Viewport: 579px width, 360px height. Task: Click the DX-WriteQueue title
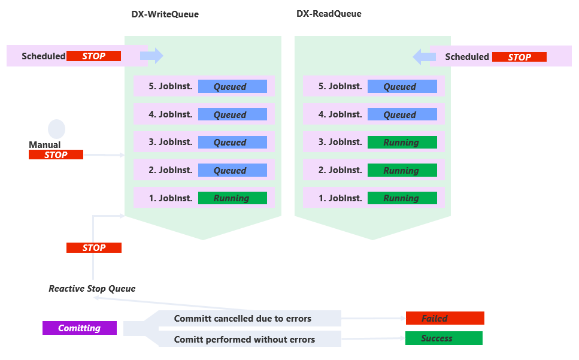pyautogui.click(x=165, y=14)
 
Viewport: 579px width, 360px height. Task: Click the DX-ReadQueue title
pyautogui.click(x=329, y=14)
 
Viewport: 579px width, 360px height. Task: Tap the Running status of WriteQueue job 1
pyautogui.click(x=232, y=198)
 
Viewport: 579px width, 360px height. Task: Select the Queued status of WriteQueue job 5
pyautogui.click(x=232, y=87)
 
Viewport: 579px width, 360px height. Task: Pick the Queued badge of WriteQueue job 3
pyautogui.click(x=232, y=143)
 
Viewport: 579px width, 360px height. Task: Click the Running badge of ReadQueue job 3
pyautogui.click(x=402, y=143)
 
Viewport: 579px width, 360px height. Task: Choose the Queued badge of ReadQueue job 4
pyautogui.click(x=402, y=114)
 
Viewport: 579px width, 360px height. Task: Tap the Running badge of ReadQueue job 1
pyautogui.click(x=402, y=198)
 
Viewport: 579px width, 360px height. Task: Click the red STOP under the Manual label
pyautogui.click(x=56, y=155)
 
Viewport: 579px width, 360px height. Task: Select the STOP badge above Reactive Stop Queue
pyautogui.click(x=94, y=247)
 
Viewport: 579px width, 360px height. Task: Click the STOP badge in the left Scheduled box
pyautogui.click(x=93, y=56)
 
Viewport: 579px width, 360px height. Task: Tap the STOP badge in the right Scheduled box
pyautogui.click(x=519, y=57)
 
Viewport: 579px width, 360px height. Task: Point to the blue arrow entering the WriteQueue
pyautogui.click(x=151, y=56)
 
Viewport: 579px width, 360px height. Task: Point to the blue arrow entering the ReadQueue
pyautogui.click(x=424, y=57)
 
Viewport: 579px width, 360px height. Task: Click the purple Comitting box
pyautogui.click(x=80, y=328)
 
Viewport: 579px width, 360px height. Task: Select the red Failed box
pyautogui.click(x=444, y=319)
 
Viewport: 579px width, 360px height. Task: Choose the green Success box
pyautogui.click(x=443, y=338)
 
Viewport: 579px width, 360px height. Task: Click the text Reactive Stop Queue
pyautogui.click(x=92, y=289)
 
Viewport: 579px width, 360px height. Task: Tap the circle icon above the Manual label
pyautogui.click(x=56, y=129)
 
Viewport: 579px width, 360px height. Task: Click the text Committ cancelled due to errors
pyautogui.click(x=242, y=318)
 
